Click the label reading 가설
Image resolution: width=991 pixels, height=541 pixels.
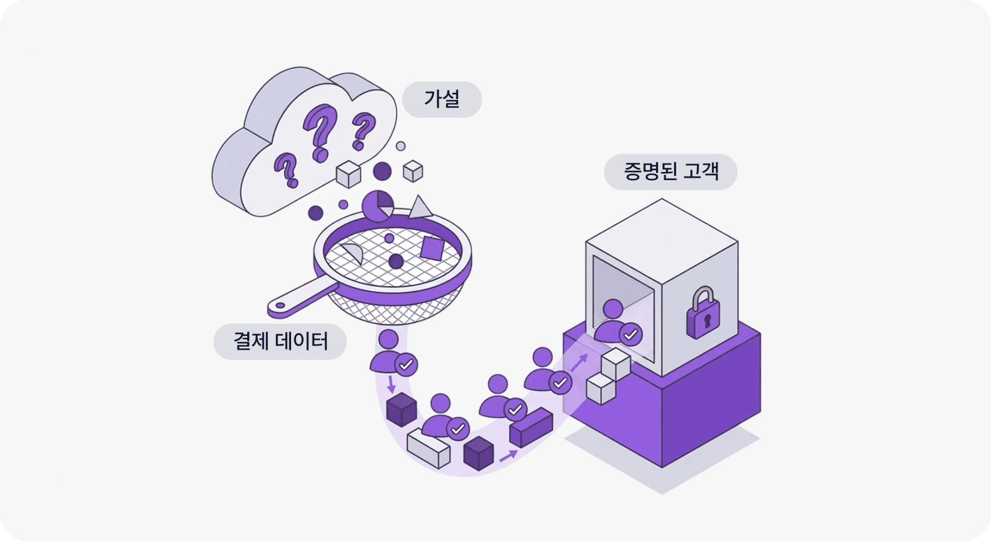[442, 99]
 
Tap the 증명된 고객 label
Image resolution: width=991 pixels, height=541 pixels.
[670, 171]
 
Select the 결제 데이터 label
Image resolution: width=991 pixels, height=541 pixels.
[280, 341]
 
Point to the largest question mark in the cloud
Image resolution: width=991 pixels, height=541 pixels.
[321, 131]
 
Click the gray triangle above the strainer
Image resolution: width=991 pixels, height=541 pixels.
[421, 208]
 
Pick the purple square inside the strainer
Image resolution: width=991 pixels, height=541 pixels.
[431, 248]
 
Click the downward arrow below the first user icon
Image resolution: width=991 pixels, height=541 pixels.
[391, 385]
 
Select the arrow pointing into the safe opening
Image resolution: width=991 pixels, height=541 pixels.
[579, 362]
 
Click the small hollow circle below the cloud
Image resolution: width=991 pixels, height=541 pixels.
[401, 146]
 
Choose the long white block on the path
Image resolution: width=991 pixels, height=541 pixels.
[428, 448]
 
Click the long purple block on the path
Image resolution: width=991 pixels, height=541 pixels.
[531, 426]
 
